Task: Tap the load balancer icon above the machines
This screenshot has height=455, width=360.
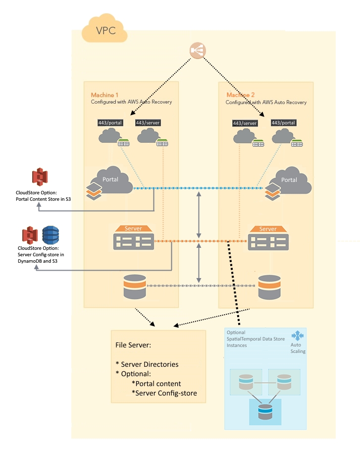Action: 198,51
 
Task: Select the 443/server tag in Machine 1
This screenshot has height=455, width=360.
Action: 148,122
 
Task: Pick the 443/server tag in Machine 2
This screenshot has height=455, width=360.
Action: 245,123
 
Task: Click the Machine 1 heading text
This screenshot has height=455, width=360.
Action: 105,95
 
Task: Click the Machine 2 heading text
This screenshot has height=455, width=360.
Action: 241,95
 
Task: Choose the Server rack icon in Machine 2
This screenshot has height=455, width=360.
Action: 268,239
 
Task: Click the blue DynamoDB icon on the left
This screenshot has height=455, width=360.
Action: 50,236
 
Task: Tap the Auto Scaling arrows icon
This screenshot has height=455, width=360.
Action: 298,337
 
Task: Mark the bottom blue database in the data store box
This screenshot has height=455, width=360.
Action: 265,412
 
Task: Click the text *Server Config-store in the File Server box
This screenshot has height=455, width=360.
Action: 164,393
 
